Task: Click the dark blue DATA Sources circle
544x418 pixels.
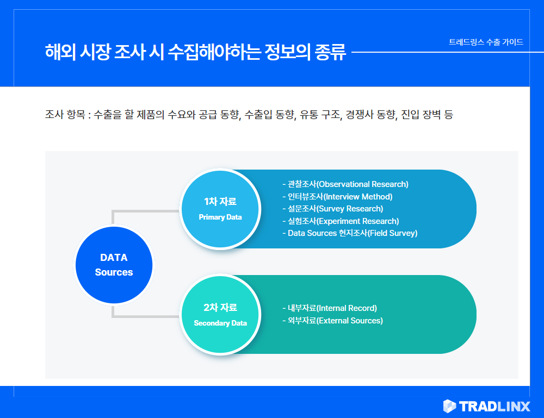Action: (x=114, y=265)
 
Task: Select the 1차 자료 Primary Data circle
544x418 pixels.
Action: (x=220, y=209)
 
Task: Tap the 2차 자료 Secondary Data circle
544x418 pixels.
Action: (x=220, y=315)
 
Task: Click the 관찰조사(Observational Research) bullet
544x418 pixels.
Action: (x=345, y=184)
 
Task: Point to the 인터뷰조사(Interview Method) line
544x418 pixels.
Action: (x=338, y=197)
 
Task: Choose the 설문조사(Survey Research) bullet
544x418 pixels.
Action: (x=333, y=209)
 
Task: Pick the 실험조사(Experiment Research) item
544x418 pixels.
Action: (x=341, y=221)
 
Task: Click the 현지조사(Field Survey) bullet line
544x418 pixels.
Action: (x=350, y=233)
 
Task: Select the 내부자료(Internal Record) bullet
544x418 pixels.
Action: (x=330, y=308)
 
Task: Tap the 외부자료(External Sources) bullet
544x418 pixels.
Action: (x=333, y=321)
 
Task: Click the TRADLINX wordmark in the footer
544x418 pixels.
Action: (x=494, y=406)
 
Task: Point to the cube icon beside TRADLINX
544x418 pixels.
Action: (x=450, y=406)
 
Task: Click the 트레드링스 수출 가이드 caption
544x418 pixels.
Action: (x=486, y=42)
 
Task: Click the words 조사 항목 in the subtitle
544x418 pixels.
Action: (x=65, y=114)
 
